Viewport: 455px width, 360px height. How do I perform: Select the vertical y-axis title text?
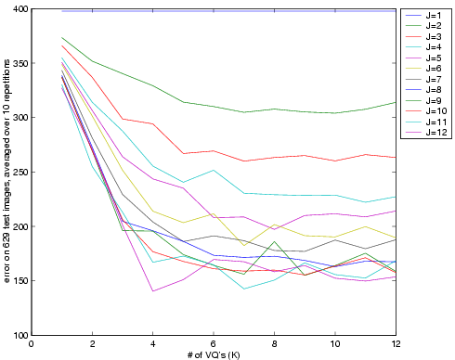tap(6, 172)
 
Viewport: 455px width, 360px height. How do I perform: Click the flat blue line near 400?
tap(214, 11)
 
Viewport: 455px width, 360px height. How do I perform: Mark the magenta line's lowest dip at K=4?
tap(153, 290)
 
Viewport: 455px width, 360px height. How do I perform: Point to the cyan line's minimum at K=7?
tap(244, 289)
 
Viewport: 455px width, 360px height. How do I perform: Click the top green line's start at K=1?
tap(62, 38)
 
